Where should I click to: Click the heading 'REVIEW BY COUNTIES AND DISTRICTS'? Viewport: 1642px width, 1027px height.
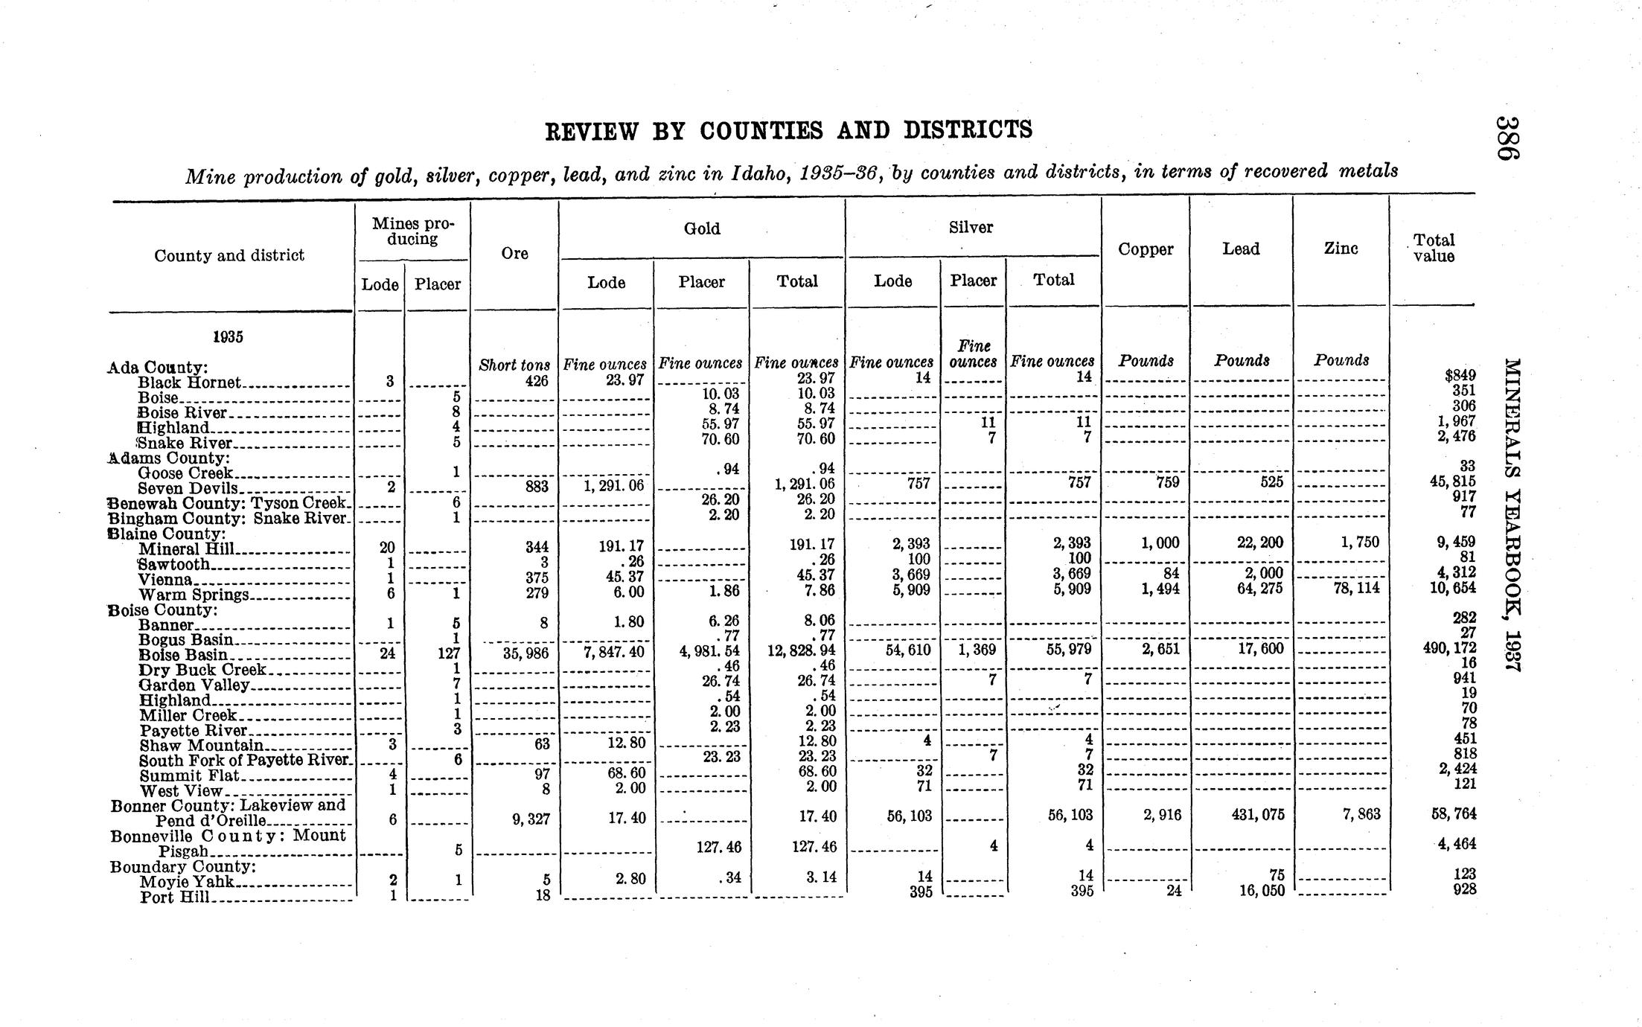[788, 130]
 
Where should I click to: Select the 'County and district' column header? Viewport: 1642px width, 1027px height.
[229, 255]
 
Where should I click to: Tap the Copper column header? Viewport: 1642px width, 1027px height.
[1146, 249]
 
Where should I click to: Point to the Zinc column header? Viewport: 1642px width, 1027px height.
[1341, 249]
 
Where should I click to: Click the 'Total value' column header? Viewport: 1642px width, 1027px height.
[1434, 248]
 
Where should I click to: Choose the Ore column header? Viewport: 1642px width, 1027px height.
[514, 253]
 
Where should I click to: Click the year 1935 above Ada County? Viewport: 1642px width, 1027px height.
[228, 336]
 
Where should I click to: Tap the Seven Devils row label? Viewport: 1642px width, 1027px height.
[188, 488]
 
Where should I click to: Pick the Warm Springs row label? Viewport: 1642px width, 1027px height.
[194, 595]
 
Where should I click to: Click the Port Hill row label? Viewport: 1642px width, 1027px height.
[175, 897]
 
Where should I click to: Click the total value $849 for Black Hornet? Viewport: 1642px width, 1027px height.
[1460, 375]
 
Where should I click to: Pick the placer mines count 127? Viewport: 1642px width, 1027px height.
[449, 653]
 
